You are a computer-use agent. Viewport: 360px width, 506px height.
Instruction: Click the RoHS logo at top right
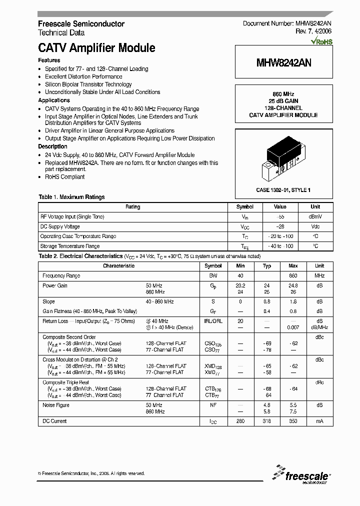pyautogui.click(x=321, y=42)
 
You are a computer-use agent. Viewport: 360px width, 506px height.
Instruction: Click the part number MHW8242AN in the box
pyautogui.click(x=283, y=63)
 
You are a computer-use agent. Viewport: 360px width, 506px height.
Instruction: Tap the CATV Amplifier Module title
pyautogui.click(x=96, y=48)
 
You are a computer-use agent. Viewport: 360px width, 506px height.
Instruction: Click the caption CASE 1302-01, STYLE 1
pyautogui.click(x=283, y=190)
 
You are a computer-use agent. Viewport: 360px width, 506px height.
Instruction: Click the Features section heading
pyautogui.click(x=49, y=60)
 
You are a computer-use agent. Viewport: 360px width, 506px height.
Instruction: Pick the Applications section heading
pyautogui.click(x=54, y=100)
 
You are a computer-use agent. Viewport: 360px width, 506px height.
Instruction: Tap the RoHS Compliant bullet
pyautogui.click(x=64, y=177)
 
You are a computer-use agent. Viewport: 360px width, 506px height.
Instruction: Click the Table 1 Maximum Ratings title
pyautogui.click(x=71, y=197)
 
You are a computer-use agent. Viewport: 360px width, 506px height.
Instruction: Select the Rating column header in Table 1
pyautogui.click(x=133, y=206)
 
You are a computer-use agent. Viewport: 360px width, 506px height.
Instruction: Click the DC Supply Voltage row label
pyautogui.click(x=60, y=226)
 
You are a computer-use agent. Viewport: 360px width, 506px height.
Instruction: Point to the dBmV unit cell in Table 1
pyautogui.click(x=315, y=216)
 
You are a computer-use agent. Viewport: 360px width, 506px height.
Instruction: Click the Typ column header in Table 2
pyautogui.click(x=267, y=266)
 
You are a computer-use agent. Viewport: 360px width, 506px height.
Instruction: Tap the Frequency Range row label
pyautogui.click(x=61, y=276)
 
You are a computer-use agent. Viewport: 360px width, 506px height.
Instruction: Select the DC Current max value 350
pyautogui.click(x=293, y=421)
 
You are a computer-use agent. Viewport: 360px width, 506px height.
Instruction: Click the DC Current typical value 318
pyautogui.click(x=267, y=421)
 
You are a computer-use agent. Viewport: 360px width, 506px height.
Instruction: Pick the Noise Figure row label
pyautogui.click(x=56, y=405)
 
